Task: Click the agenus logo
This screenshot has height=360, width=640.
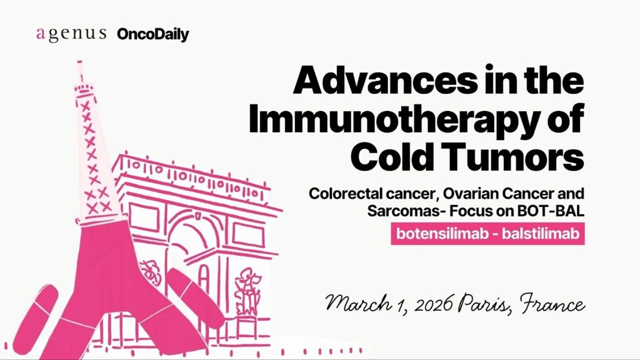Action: coord(71,34)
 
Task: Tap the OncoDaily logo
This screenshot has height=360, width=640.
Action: coord(153,34)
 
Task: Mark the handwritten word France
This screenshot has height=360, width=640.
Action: coord(552,302)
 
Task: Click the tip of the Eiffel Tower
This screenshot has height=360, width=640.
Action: coord(79,63)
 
